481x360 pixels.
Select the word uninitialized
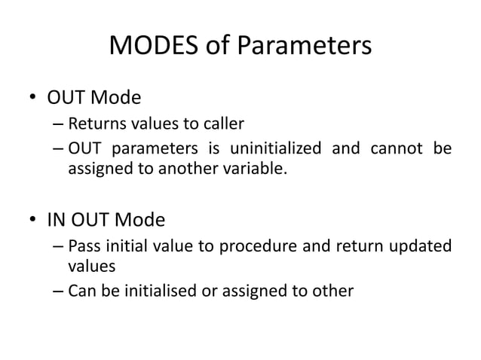277,148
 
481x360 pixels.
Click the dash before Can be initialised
58,289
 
